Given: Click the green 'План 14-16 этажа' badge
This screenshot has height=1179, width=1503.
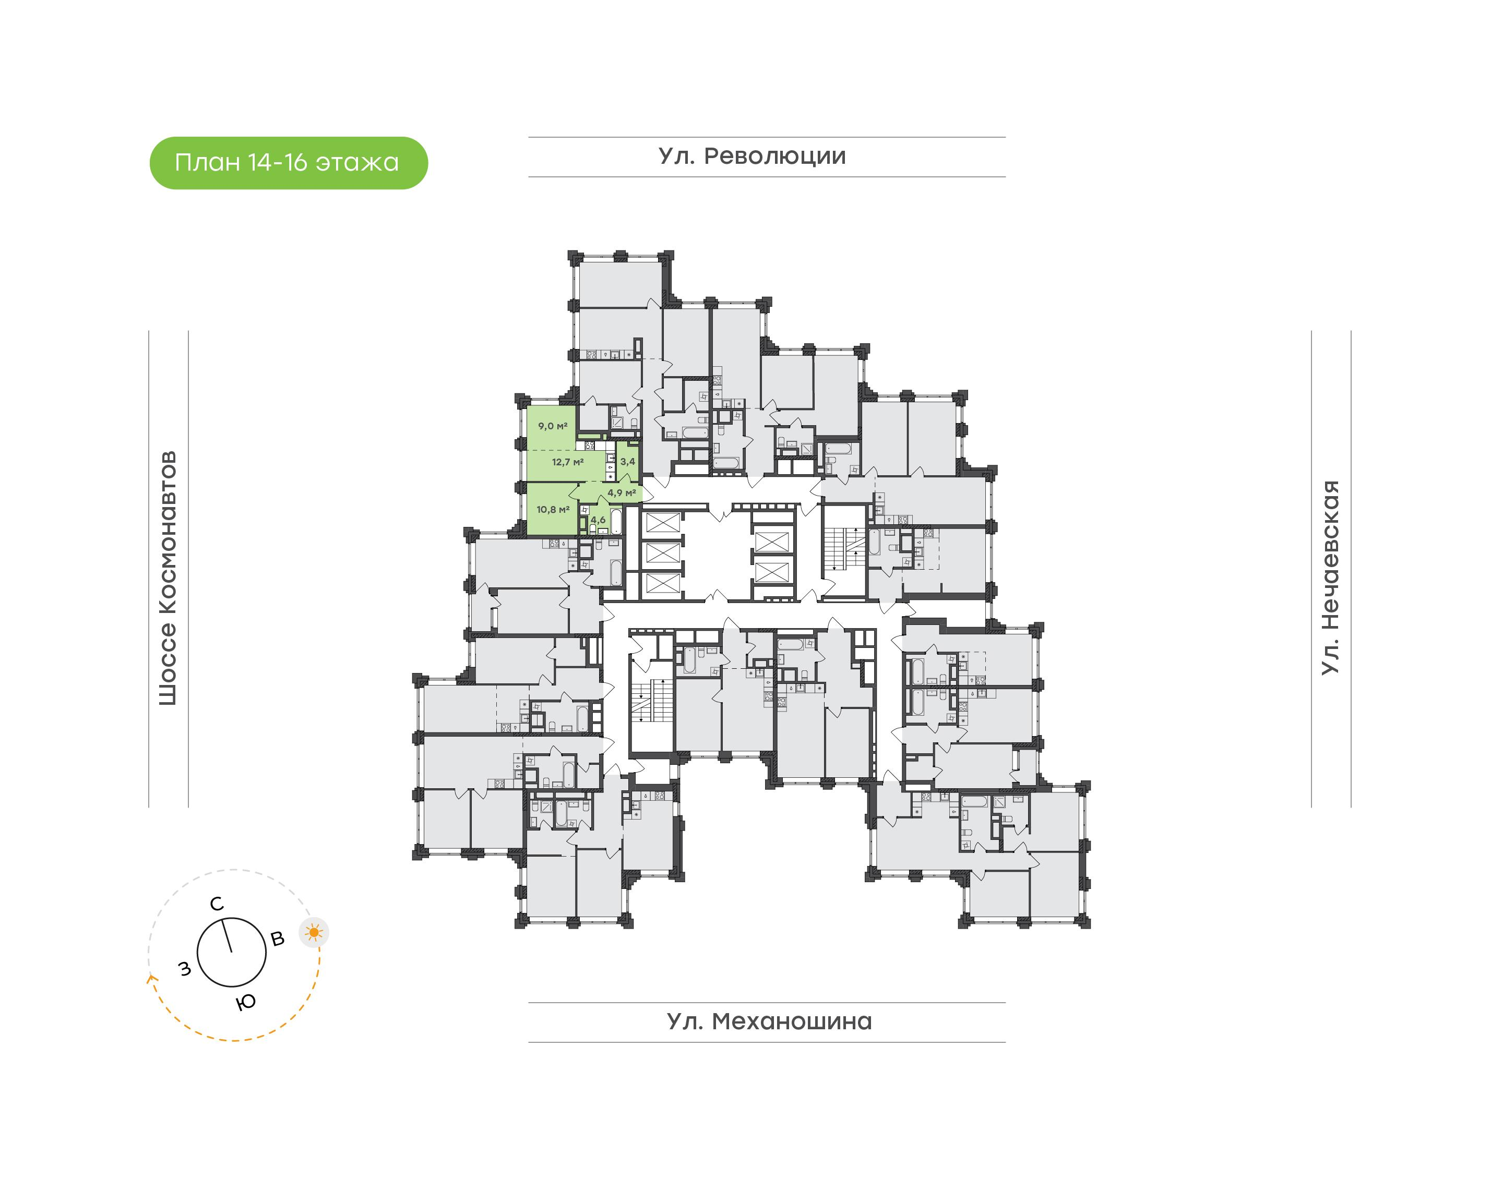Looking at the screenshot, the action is [x=289, y=163].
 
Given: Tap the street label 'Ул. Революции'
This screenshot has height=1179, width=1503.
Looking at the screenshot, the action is [x=752, y=157].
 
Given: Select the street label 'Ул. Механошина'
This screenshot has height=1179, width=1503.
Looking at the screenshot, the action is [x=769, y=1021].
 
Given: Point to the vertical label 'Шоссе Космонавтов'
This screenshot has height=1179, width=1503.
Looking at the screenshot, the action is [x=168, y=579].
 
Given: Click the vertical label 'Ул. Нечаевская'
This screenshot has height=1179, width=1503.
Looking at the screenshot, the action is [x=1330, y=578].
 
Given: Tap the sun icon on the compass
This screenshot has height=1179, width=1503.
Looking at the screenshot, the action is [x=314, y=933].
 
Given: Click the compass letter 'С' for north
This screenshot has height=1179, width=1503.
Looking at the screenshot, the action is [x=217, y=904].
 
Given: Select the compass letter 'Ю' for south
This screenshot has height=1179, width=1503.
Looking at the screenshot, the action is [x=246, y=1002].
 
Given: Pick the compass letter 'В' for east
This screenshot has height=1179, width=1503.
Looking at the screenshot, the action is [x=278, y=939].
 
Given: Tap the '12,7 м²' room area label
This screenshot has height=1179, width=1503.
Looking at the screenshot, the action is [x=567, y=462].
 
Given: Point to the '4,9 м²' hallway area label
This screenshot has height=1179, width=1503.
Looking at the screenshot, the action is [x=622, y=493].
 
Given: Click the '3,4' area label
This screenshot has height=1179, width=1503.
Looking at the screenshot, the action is [x=628, y=461].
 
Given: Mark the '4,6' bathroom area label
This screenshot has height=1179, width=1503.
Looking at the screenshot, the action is [x=598, y=520].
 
